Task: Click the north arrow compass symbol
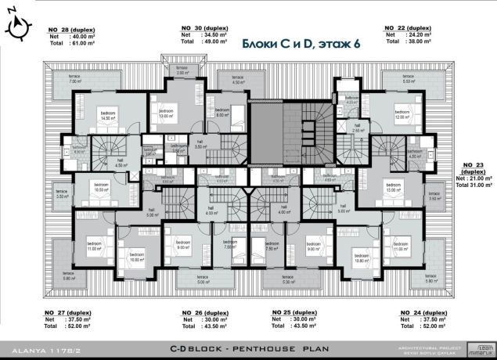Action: [18, 29]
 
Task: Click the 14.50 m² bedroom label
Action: [106, 118]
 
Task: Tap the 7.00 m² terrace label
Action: [75, 80]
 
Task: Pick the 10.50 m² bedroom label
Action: [100, 188]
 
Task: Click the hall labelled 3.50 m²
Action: [200, 145]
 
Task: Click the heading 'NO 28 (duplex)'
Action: [74, 27]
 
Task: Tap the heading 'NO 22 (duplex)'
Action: [409, 27]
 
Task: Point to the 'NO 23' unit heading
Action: [472, 165]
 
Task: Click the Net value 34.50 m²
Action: [212, 35]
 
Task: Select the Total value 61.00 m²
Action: [84, 45]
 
